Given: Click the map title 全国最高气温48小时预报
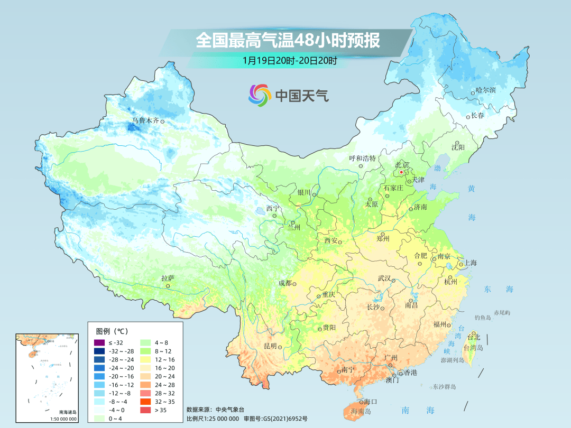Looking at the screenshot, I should pyautogui.click(x=288, y=41).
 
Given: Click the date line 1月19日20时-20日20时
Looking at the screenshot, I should pyautogui.click(x=290, y=60).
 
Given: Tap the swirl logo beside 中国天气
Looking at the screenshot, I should pyautogui.click(x=260, y=95).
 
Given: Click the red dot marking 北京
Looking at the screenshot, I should pyautogui.click(x=401, y=172).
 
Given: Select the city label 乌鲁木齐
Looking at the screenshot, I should pyautogui.click(x=145, y=121).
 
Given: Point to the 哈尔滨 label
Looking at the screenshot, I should pyautogui.click(x=485, y=90).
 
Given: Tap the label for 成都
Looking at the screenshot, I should pyautogui.click(x=284, y=283).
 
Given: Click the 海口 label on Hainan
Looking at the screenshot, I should pyautogui.click(x=371, y=402).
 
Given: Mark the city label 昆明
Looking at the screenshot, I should pyautogui.click(x=270, y=346).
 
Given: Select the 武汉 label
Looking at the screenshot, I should pyautogui.click(x=384, y=278).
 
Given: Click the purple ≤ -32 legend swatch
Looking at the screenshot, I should pyautogui.click(x=98, y=343).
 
